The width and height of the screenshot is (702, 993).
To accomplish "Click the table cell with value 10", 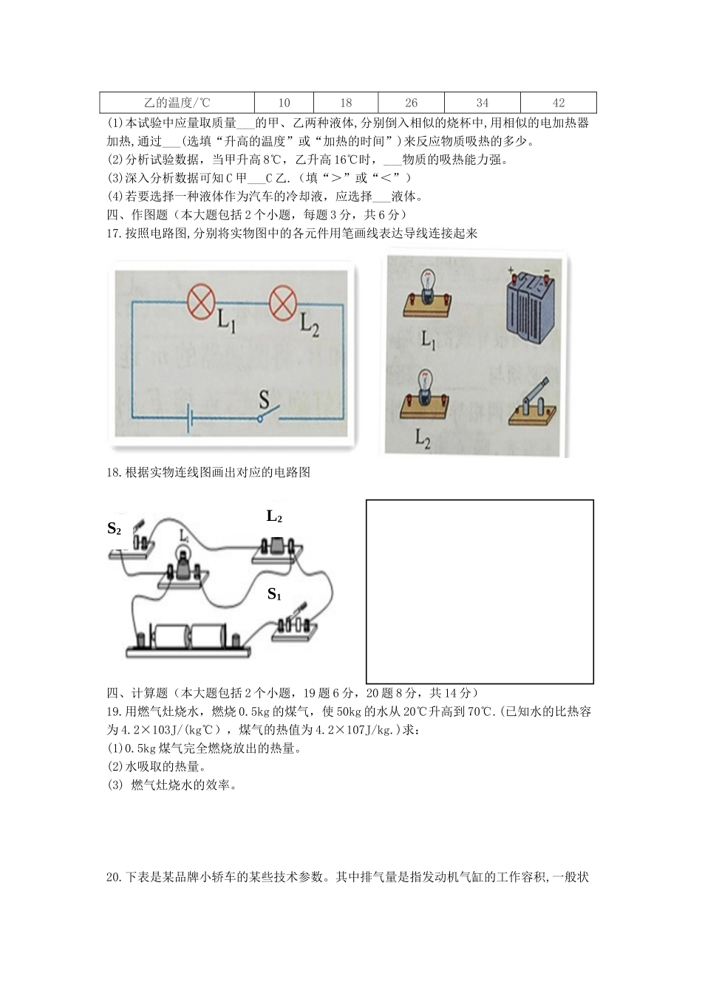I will coord(284,103).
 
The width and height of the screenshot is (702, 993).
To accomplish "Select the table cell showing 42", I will coord(558,103).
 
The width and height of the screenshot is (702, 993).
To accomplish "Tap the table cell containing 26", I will coord(411,103).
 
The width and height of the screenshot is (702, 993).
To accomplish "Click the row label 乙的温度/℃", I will coord(177,103).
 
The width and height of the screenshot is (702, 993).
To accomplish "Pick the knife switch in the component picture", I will coord(533,405).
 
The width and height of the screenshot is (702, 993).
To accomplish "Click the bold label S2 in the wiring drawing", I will coord(114,528).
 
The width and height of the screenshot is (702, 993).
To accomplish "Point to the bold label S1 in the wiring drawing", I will coord(274,593).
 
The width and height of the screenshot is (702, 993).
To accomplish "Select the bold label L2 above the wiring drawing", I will coord(274,516).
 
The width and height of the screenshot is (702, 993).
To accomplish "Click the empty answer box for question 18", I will coord(480,591).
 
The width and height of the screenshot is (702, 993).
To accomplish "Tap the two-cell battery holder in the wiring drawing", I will coord(189,640).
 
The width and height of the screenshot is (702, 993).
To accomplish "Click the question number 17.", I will coord(113,233).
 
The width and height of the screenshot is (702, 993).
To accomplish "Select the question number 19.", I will coord(113,712).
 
